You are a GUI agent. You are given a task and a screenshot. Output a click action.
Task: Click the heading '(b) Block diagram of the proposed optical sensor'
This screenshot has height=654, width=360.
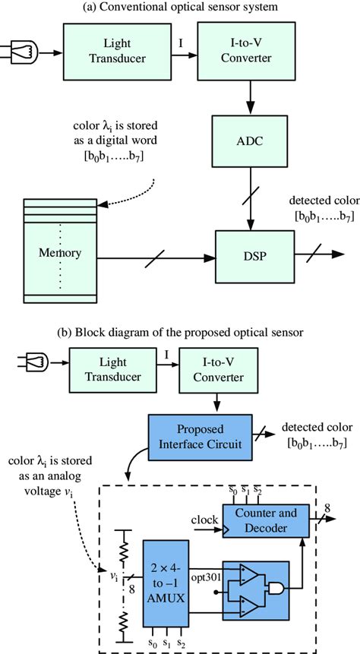(180, 331)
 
